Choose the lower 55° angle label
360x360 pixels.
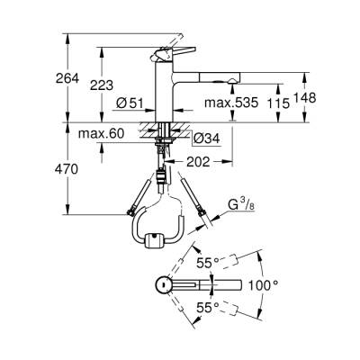(208, 309)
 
